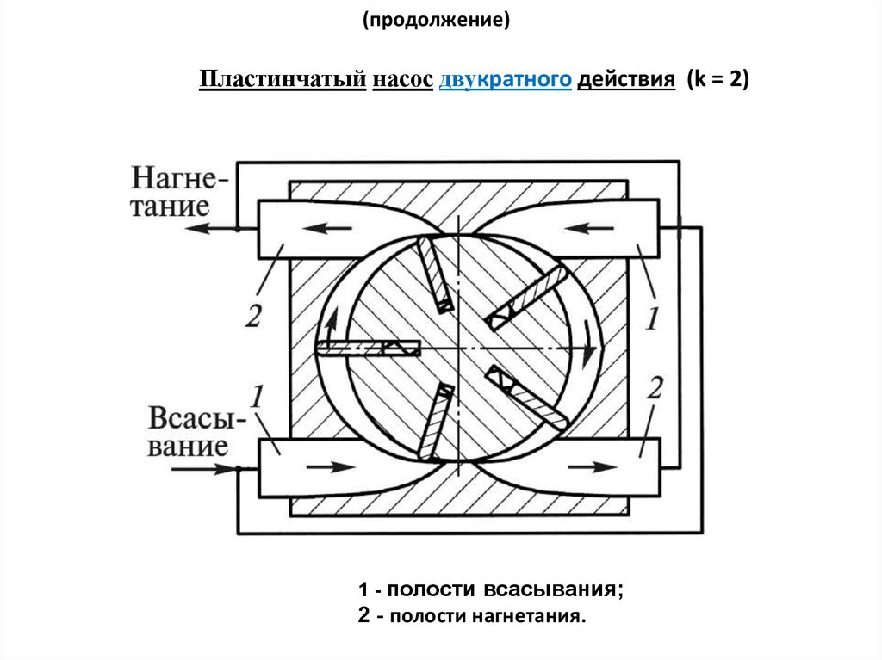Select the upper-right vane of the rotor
click(525, 298)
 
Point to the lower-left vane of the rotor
click(436, 421)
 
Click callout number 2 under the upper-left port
click(252, 317)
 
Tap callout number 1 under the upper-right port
click(652, 320)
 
